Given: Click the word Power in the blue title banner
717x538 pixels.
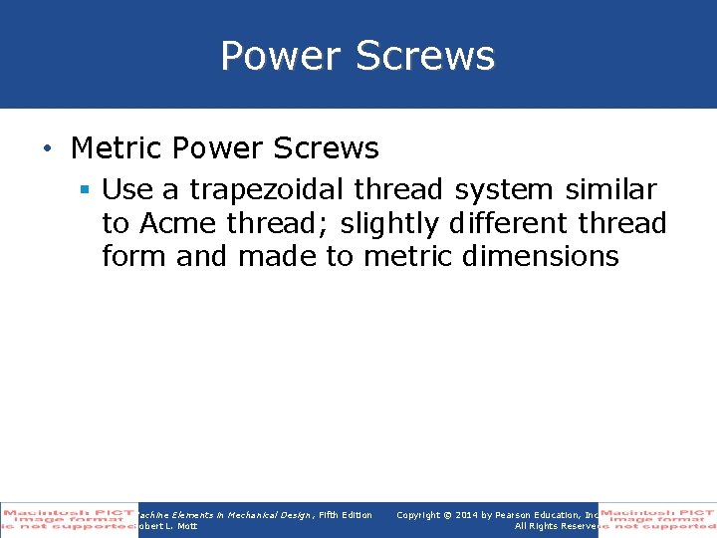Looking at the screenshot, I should (x=280, y=56).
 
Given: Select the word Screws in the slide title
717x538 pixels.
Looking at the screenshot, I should (x=424, y=56).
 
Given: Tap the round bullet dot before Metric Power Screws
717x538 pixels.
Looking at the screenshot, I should (x=48, y=149).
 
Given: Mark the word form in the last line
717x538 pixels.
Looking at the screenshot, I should (x=134, y=256).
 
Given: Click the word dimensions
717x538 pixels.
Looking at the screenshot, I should (x=541, y=256).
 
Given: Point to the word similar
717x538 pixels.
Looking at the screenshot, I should (x=612, y=189).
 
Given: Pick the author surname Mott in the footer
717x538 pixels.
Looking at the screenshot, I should (x=186, y=526).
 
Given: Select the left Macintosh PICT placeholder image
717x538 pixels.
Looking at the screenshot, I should (x=69, y=519).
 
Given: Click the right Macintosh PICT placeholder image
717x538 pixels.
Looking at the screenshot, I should (x=656, y=519).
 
